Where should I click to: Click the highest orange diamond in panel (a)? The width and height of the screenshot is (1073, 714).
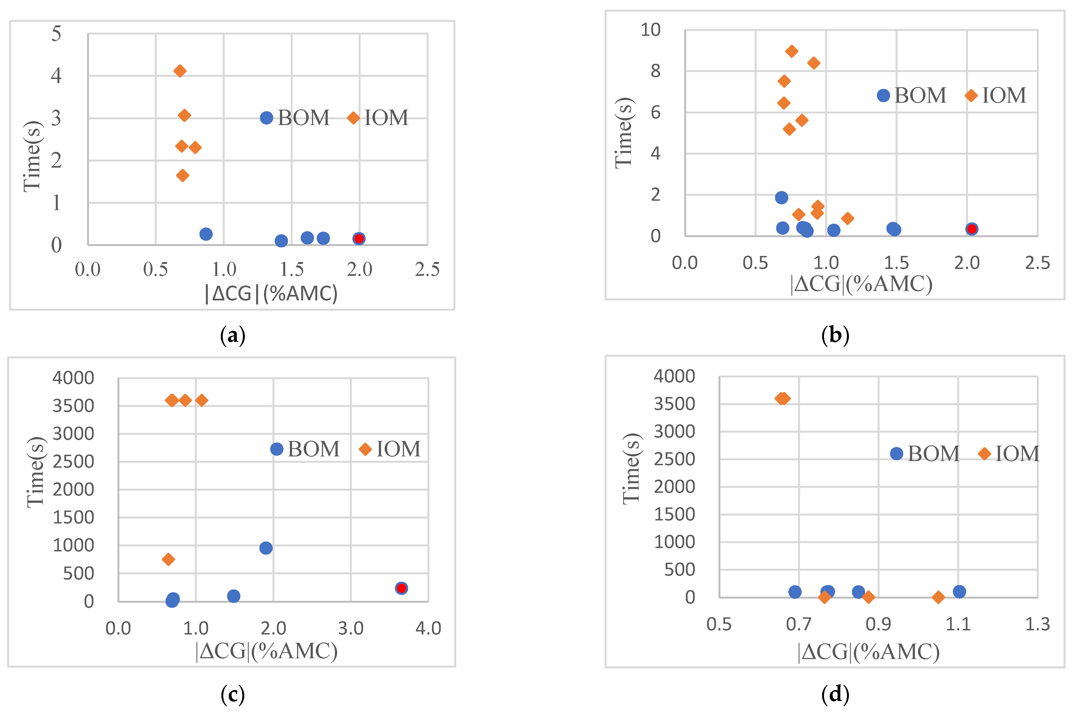180,71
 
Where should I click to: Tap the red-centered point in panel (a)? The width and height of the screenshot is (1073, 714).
359,238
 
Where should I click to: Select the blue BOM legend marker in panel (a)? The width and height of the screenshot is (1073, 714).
267,118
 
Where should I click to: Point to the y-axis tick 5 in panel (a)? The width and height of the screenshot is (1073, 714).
56,34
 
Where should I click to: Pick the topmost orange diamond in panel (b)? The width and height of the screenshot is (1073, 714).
791,51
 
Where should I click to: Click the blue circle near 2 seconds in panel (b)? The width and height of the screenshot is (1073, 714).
781,197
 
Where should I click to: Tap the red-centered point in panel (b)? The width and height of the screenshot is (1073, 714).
971,229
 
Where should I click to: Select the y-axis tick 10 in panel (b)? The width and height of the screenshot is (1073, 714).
650,30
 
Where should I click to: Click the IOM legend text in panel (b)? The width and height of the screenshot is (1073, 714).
1004,96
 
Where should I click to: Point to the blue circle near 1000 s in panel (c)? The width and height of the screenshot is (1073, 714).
266,548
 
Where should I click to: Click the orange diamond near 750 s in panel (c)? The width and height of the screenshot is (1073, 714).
168,559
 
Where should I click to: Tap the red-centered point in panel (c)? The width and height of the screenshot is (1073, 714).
401,588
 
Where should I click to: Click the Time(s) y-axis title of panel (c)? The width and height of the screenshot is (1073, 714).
36,472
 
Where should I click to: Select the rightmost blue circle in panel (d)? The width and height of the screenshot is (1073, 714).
959,591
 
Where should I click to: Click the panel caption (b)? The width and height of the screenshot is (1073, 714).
835,335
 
